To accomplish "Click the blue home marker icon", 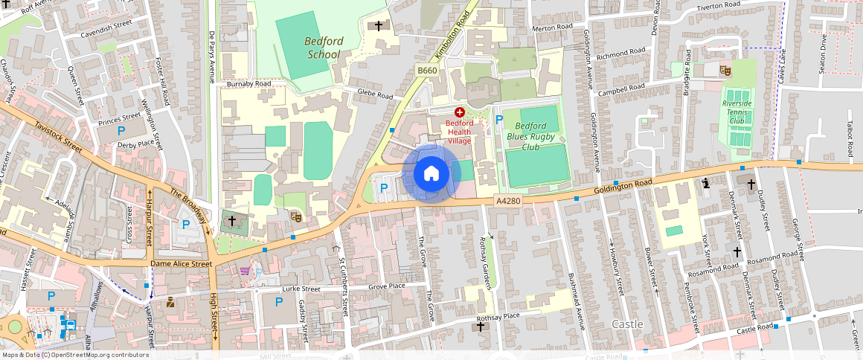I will pyautogui.click(x=431, y=173).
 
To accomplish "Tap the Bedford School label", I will pyautogui.click(x=324, y=48).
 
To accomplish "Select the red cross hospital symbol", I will pyautogui.click(x=459, y=112).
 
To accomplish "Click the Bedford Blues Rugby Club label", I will pyautogui.click(x=533, y=136).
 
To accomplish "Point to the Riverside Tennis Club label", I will pyautogui.click(x=737, y=112).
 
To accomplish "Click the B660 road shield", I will pyautogui.click(x=426, y=71).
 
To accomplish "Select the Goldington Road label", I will pyautogui.click(x=622, y=187).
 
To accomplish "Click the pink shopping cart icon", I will pyautogui.click(x=244, y=271).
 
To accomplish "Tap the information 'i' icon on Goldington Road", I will pyautogui.click(x=705, y=182).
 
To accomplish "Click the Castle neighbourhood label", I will pyautogui.click(x=626, y=324).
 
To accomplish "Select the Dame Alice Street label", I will pyautogui.click(x=181, y=263).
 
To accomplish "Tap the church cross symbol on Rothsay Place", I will pyautogui.click(x=481, y=326).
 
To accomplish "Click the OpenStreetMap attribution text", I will pyautogui.click(x=74, y=355).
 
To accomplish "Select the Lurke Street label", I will pyautogui.click(x=301, y=289).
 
